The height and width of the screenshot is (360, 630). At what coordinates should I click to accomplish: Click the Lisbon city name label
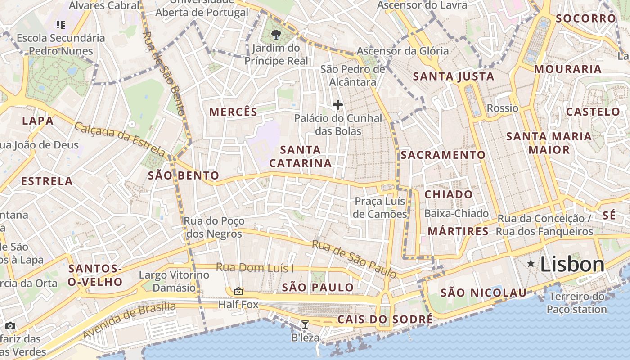coord(572,264)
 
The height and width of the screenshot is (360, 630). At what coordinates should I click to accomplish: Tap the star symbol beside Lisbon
coord(531,263)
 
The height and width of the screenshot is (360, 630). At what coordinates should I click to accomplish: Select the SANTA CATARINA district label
coord(301,156)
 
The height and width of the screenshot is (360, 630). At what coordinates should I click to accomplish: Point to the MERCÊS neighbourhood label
coord(234,112)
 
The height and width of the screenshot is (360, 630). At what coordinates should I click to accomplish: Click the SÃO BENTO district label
coord(184,175)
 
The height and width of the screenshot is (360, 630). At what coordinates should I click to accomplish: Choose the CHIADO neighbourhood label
coord(449,194)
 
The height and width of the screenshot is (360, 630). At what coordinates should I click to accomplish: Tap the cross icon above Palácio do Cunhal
coord(338,105)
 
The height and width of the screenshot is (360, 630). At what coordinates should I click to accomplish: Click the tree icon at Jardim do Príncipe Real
coord(276,34)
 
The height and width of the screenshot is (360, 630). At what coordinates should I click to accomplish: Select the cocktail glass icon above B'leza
coord(305,324)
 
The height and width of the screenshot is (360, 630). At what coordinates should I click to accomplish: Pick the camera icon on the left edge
coord(10,326)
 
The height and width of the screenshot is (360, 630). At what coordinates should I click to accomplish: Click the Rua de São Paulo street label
coord(355,259)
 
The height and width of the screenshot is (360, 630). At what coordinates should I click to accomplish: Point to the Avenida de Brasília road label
coord(130,320)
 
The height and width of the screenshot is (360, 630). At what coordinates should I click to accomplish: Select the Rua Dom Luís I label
coord(255,268)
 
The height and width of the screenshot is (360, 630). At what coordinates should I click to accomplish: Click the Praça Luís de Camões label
coord(380,207)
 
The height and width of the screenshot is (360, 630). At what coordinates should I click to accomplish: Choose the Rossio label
coord(503,108)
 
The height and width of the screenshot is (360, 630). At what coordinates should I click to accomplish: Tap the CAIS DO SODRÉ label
coord(385,319)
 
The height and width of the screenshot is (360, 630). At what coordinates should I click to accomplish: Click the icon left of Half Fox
coord(238,292)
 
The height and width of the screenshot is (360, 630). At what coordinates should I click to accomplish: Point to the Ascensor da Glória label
coord(403,51)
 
